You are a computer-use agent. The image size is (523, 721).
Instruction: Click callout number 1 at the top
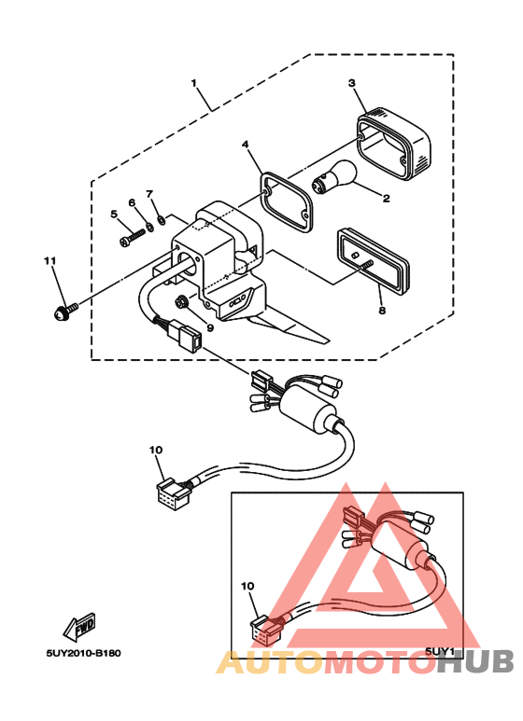point(195,84)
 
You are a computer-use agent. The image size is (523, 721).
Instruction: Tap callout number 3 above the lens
point(352,83)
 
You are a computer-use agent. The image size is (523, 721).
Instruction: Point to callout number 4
point(245,146)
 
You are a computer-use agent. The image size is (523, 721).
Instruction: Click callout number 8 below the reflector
point(380,312)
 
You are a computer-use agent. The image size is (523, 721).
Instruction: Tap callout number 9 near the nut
point(210,327)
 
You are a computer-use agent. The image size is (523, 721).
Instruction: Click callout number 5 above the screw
point(114,215)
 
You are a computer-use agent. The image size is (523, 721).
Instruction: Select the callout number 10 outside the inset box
point(155,450)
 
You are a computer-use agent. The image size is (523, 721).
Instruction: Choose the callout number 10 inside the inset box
point(247,587)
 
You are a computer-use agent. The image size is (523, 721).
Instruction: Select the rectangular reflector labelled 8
point(375,260)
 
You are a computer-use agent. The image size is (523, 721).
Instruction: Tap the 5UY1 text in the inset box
point(438,652)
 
